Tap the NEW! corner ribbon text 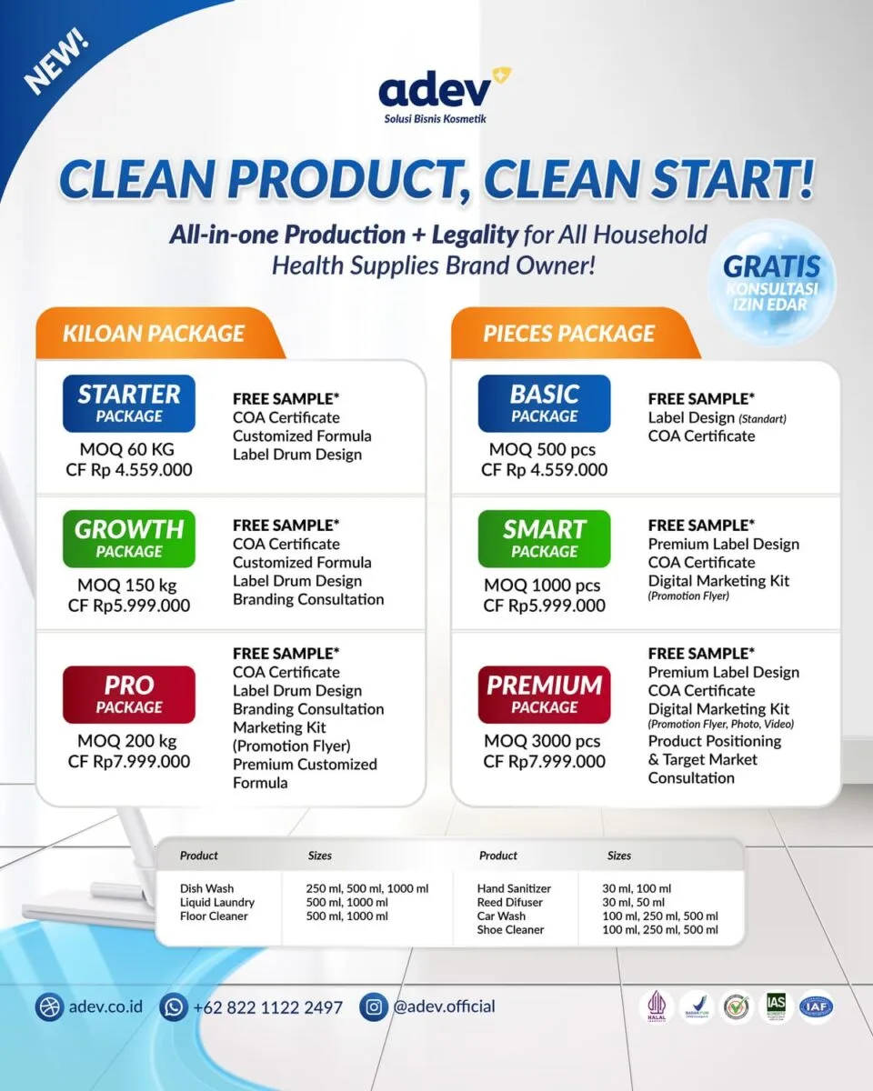click(56, 64)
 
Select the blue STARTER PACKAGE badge click(129, 404)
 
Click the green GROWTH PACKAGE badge click(129, 538)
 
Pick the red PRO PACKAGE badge click(129, 695)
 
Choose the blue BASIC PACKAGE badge click(545, 404)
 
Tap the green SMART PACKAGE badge click(545, 538)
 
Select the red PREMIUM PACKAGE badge click(545, 695)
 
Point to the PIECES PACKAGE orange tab click(569, 333)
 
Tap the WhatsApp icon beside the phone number click(173, 1006)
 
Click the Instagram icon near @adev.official click(374, 1006)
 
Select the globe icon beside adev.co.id click(49, 1006)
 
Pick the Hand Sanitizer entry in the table click(514, 888)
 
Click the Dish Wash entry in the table click(206, 888)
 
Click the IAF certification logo click(816, 1006)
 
